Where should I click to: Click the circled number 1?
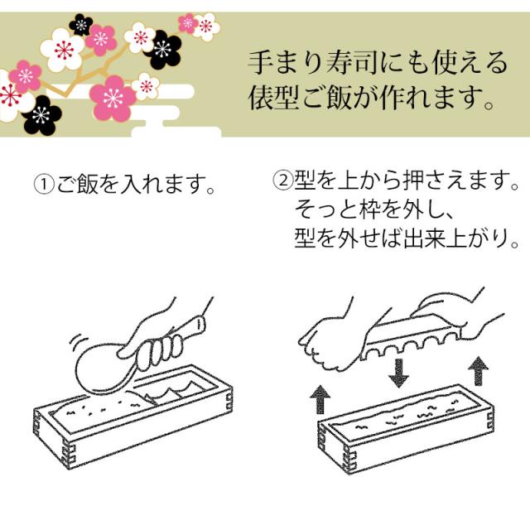click(44, 184)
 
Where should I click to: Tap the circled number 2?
click(283, 180)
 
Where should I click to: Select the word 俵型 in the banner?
click(274, 98)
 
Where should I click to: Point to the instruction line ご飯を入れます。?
click(135, 184)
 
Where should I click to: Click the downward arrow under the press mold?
click(399, 373)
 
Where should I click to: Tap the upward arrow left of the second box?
click(320, 400)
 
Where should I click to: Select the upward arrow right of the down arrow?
click(479, 371)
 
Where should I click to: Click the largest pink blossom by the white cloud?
click(113, 98)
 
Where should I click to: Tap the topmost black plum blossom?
click(81, 24)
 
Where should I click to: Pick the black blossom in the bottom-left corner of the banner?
click(41, 115)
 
